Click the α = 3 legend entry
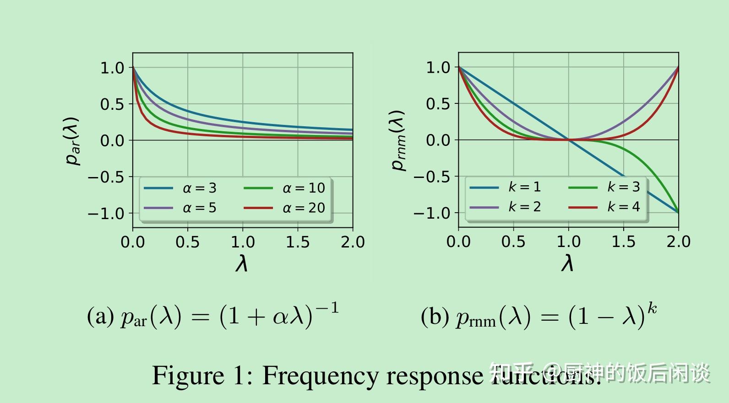(x=180, y=188)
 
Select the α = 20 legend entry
(x=285, y=208)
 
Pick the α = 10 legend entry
(x=285, y=188)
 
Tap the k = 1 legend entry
(x=506, y=187)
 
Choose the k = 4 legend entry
(x=604, y=207)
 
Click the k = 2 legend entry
(x=506, y=207)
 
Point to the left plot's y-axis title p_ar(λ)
(x=72, y=140)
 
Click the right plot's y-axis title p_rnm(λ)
(x=398, y=140)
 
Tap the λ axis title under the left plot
(x=242, y=263)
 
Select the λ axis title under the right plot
(x=567, y=263)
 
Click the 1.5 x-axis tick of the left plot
(x=298, y=242)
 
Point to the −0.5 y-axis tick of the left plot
(x=106, y=177)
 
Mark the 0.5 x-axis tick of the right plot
(x=513, y=242)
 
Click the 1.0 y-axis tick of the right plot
(x=438, y=68)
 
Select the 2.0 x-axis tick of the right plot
(x=678, y=242)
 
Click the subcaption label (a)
(x=100, y=316)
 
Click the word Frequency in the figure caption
(x=321, y=376)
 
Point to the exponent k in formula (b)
(x=652, y=308)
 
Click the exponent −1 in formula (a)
(x=327, y=308)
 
